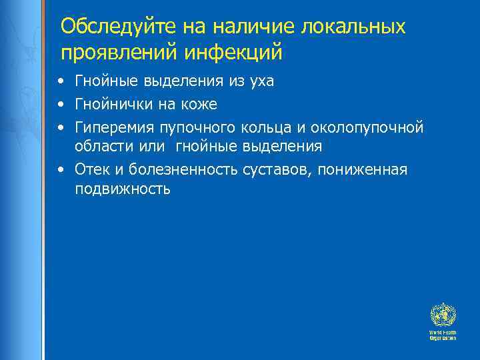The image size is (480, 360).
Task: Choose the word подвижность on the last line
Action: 123,189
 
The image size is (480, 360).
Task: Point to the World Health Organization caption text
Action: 443,335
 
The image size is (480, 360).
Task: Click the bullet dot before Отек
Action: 61,169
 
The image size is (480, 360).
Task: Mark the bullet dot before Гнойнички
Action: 61,105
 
